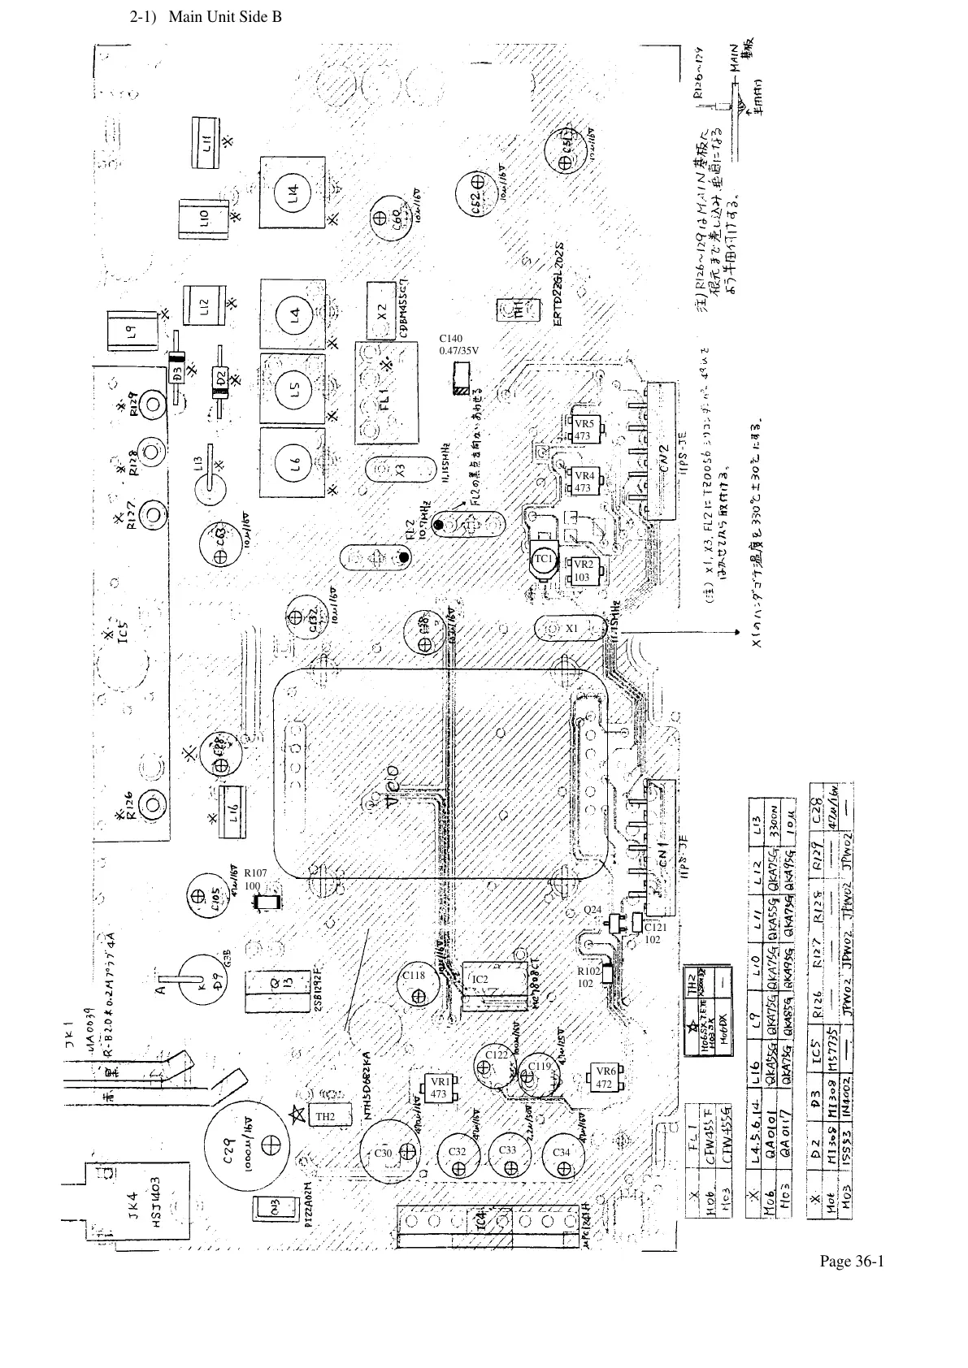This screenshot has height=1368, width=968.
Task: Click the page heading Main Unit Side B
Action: point(206,16)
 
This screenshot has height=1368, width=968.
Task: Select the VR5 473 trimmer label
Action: point(584,430)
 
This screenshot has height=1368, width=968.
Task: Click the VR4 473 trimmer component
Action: point(584,482)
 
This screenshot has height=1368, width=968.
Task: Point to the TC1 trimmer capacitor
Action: point(543,561)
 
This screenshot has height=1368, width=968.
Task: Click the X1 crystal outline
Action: point(571,629)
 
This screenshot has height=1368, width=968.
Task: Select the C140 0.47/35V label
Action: point(459,344)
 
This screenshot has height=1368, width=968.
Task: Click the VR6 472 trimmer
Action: point(605,1077)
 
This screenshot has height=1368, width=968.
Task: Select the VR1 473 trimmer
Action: point(439,1088)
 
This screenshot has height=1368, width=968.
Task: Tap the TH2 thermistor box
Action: point(325,1117)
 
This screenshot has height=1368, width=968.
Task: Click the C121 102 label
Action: point(655,933)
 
